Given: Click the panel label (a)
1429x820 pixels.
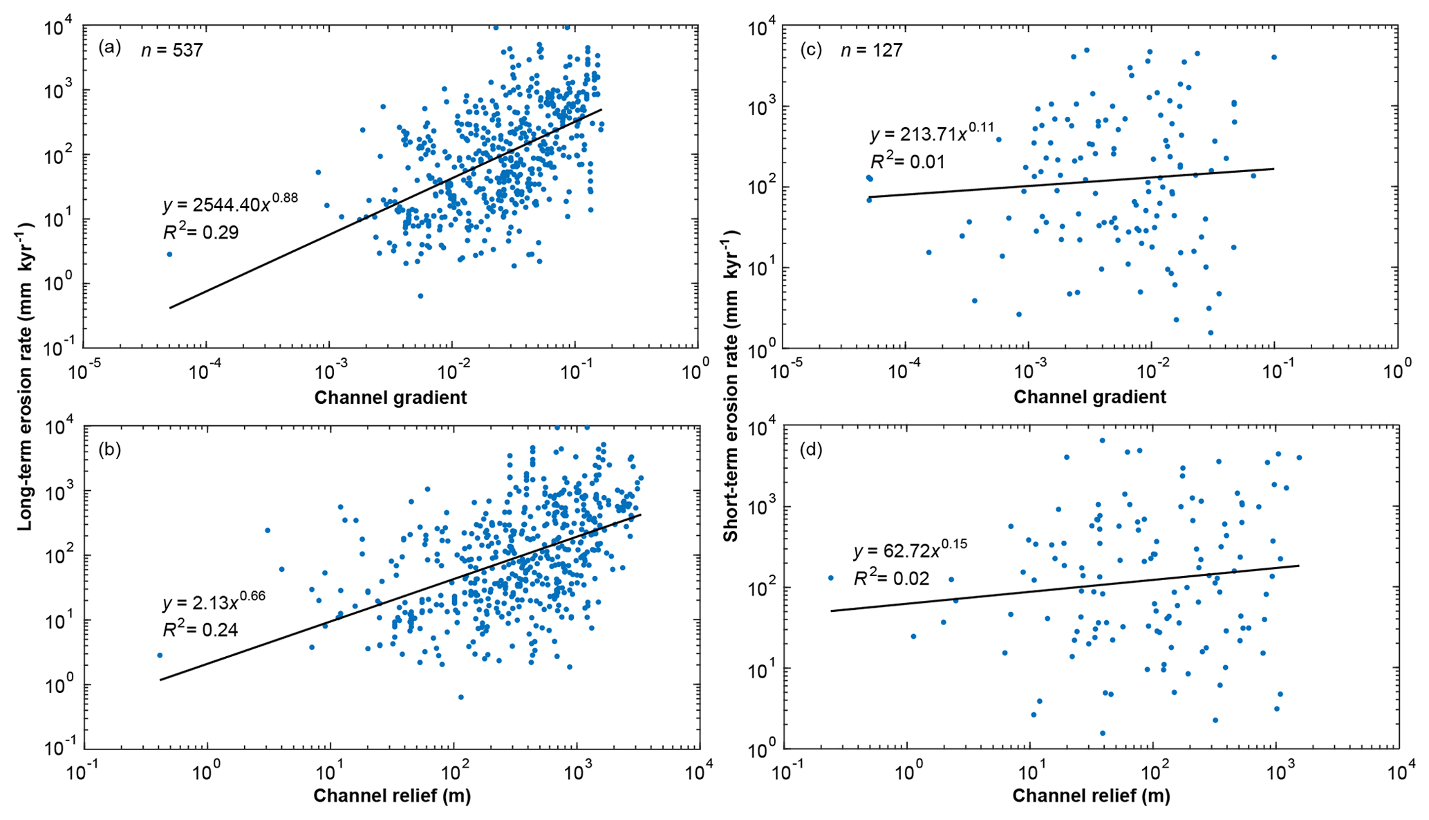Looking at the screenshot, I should click(x=110, y=48).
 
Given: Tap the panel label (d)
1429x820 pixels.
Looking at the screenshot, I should click(x=810, y=450).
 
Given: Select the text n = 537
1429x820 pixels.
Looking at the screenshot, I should click(x=172, y=50).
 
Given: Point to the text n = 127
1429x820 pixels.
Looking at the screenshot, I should click(x=872, y=50).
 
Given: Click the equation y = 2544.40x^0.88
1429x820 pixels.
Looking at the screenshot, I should click(x=230, y=204).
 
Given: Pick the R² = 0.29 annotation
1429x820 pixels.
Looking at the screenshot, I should click(x=201, y=232).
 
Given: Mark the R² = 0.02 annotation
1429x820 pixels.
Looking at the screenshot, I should click(x=892, y=578).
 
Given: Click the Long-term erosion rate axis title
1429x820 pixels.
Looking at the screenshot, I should click(x=26, y=376).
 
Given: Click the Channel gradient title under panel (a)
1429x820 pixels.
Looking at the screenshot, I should click(x=391, y=398).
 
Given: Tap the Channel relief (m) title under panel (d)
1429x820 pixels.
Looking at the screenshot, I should click(x=1091, y=796).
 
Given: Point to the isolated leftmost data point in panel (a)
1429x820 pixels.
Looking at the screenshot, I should click(x=169, y=254).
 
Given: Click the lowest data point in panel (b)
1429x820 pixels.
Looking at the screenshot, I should click(x=461, y=697).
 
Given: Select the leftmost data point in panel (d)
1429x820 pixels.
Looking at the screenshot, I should click(x=831, y=578).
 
